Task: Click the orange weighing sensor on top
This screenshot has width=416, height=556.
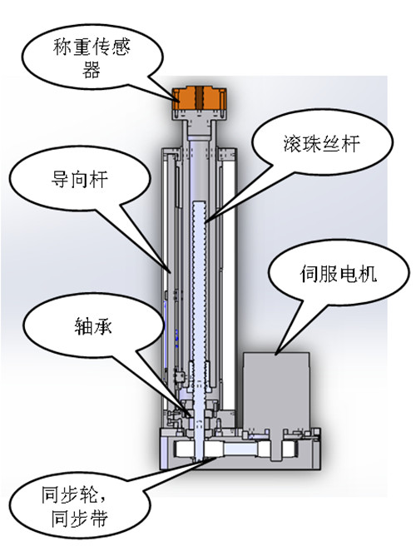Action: tap(201, 102)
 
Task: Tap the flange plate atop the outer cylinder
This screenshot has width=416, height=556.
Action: tap(200, 151)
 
